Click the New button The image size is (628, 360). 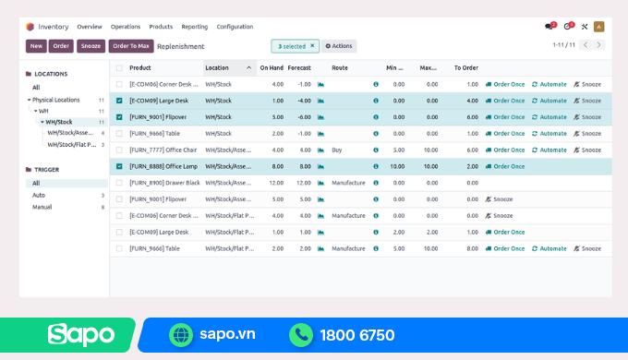pyautogui.click(x=36, y=45)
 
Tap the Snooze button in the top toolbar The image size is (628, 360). pyautogui.click(x=91, y=45)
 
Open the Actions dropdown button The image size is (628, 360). pyautogui.click(x=338, y=45)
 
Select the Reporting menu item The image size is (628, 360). pyautogui.click(x=195, y=27)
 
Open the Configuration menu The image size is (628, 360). pyautogui.click(x=235, y=27)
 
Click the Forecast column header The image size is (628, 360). pyautogui.click(x=299, y=67)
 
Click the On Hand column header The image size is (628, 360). pyautogui.click(x=272, y=67)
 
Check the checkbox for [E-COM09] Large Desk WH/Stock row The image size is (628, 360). pyautogui.click(x=118, y=101)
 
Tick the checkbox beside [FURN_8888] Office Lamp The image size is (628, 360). pyautogui.click(x=118, y=166)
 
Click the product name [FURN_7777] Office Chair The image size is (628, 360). pyautogui.click(x=163, y=150)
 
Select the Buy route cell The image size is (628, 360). pyautogui.click(x=338, y=150)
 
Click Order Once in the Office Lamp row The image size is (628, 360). pyautogui.click(x=504, y=166)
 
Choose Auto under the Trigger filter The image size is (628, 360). pyautogui.click(x=39, y=195)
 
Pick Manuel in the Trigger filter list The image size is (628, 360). pyautogui.click(x=42, y=207)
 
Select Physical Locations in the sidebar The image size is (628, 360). pyautogui.click(x=55, y=99)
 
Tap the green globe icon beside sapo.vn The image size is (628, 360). pyautogui.click(x=180, y=334)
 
